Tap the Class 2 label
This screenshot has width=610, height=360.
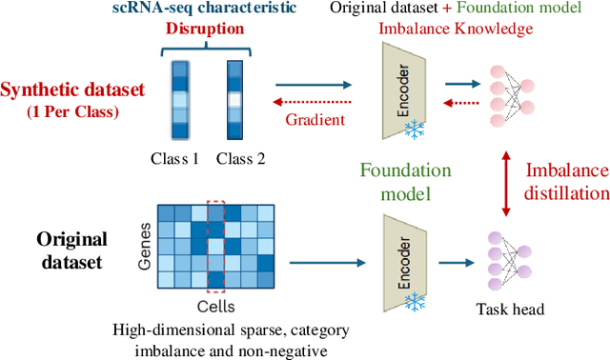239,159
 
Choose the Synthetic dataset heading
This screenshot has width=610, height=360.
73,90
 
